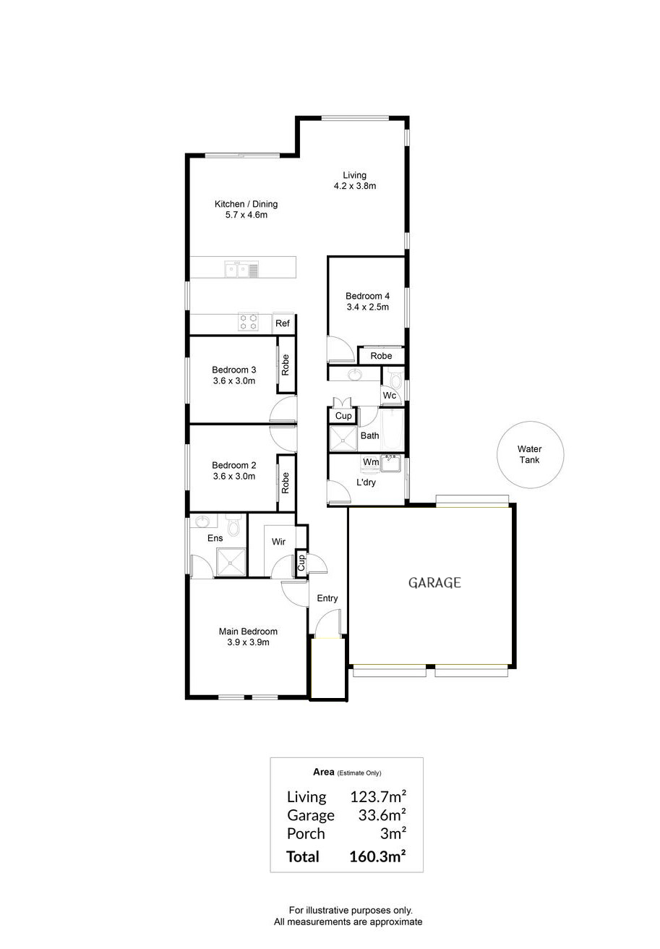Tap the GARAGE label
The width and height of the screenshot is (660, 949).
(434, 583)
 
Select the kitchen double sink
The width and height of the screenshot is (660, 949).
(236, 270)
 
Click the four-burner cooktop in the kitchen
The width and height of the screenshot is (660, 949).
(248, 322)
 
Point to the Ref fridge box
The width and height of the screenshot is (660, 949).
(283, 323)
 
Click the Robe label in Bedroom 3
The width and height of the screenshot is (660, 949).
(286, 365)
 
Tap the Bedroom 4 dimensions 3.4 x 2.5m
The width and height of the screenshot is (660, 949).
(367, 307)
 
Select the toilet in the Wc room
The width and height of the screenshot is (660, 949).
(395, 380)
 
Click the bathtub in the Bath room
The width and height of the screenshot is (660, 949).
(392, 430)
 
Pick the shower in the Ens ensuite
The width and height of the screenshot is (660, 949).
(231, 562)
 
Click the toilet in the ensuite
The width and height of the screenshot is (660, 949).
(233, 524)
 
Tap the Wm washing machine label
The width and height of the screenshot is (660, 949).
(371, 461)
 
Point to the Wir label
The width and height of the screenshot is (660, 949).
(278, 542)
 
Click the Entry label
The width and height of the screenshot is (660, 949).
(327, 598)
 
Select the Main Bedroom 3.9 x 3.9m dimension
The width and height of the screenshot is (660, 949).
(248, 642)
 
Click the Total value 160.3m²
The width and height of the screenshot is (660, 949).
(377, 856)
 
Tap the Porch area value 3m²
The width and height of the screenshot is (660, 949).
(393, 833)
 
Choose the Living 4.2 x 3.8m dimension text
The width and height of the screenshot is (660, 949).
(355, 186)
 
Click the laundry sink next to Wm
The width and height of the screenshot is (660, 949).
(391, 464)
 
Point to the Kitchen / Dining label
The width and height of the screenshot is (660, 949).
(246, 204)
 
